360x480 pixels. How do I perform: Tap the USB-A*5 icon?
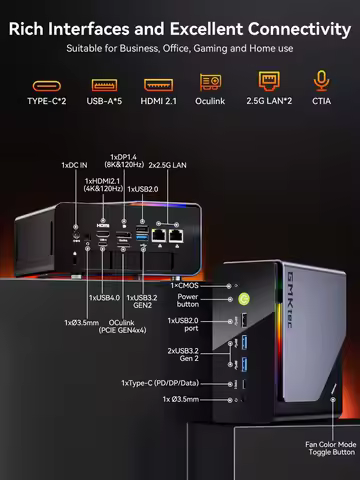pos(103,84)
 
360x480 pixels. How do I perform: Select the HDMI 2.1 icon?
pos(156,84)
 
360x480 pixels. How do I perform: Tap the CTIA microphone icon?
pos(321,82)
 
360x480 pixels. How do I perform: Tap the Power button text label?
pos(187,301)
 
